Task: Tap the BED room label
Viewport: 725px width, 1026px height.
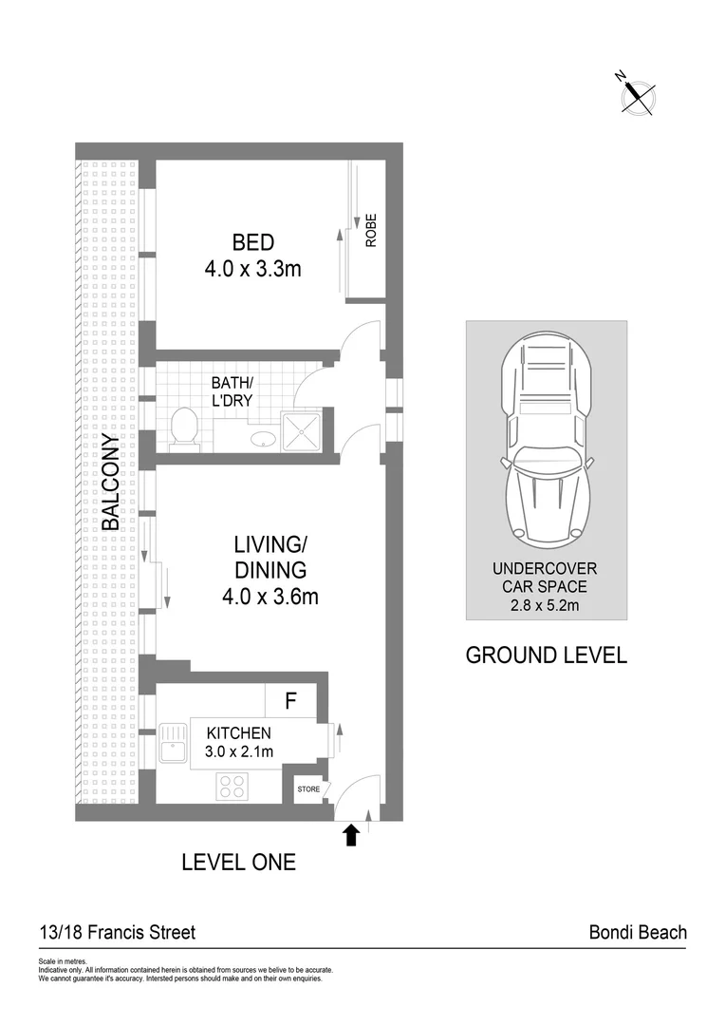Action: [252, 243]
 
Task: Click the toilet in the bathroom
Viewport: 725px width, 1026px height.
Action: [184, 428]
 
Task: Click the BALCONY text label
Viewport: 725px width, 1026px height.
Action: [110, 482]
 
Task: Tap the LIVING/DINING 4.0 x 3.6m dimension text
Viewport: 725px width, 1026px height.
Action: [270, 598]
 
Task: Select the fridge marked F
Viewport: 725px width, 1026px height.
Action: [292, 702]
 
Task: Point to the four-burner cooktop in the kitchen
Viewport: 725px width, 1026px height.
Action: [232, 787]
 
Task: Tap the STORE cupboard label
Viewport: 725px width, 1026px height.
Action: [309, 788]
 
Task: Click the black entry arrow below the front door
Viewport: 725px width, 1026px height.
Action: [351, 835]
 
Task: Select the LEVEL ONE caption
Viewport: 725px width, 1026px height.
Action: [238, 863]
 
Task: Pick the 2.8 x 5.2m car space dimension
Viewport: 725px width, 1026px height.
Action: [546, 603]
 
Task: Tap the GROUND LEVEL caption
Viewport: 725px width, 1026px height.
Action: [546, 655]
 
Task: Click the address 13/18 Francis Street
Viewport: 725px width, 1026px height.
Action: [117, 932]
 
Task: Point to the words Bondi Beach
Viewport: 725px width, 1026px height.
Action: [638, 932]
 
